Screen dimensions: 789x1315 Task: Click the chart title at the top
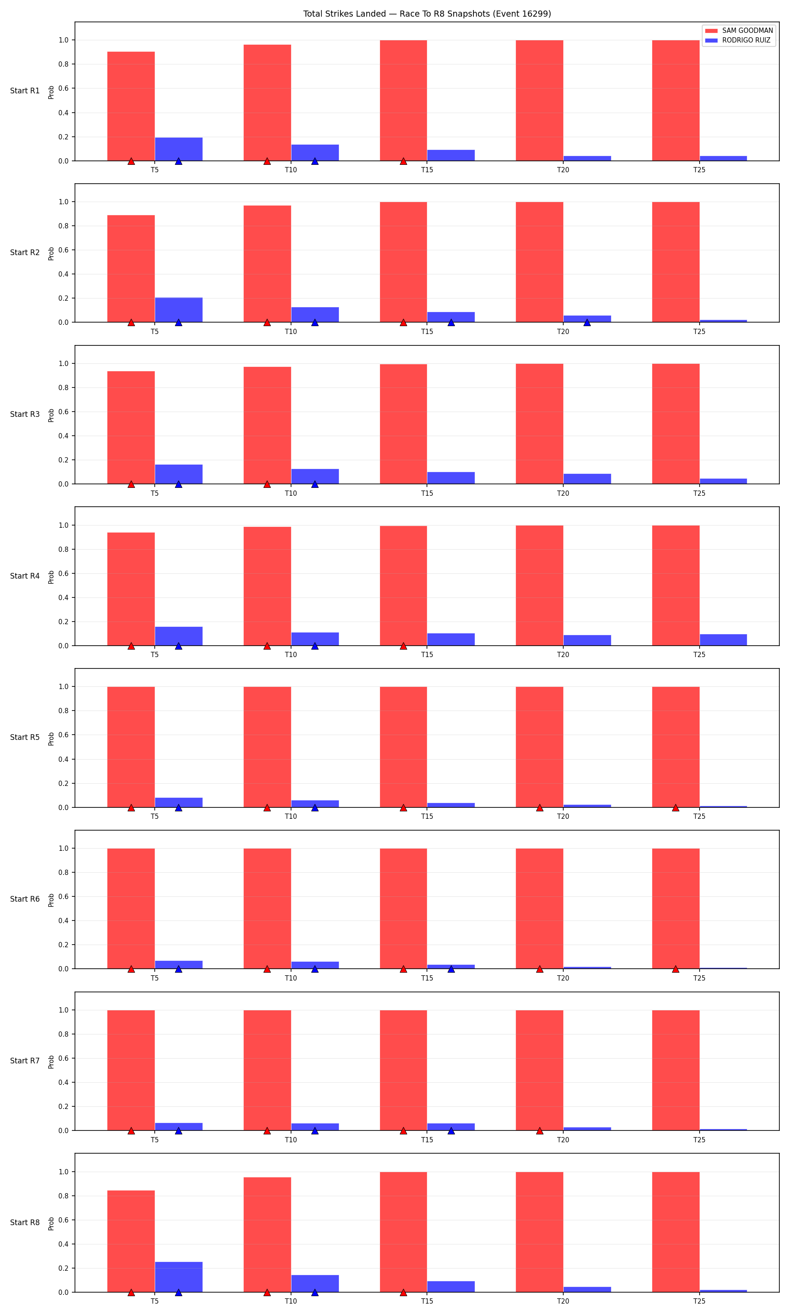[427, 14]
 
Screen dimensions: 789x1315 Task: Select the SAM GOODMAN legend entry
[739, 31]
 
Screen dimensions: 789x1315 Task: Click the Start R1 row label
[25, 91]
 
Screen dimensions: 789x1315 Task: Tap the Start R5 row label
[25, 737]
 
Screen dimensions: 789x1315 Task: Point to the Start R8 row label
[25, 1223]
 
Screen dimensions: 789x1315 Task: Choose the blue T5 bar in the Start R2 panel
[179, 310]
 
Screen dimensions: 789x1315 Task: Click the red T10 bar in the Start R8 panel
[267, 1235]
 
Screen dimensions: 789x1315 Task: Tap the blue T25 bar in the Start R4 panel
[723, 640]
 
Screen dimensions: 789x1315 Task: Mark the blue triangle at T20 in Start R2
[587, 323]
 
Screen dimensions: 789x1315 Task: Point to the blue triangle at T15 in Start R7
[451, 1130]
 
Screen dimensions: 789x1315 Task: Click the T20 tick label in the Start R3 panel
[563, 493]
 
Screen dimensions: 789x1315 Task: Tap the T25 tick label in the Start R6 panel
[699, 978]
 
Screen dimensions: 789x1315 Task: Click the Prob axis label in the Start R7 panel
[51, 1062]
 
